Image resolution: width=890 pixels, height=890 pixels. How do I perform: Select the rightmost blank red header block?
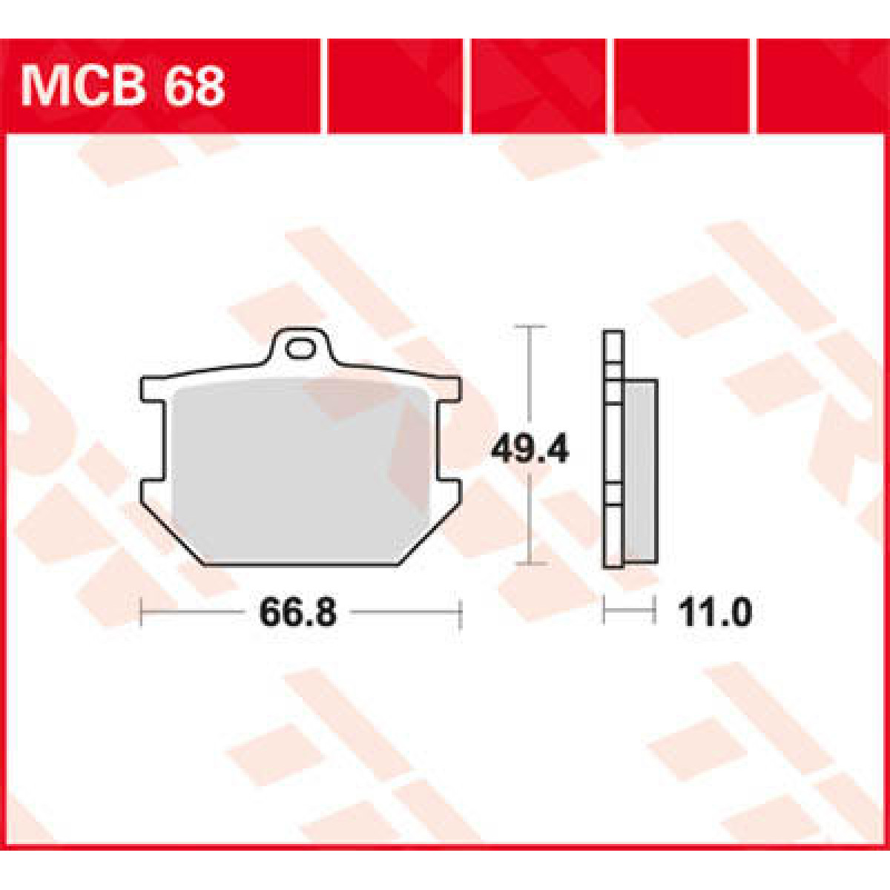820,86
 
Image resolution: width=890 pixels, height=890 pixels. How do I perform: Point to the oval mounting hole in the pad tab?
300,348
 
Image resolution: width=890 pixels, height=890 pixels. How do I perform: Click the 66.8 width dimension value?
298,613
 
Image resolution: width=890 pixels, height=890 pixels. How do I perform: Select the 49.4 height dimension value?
530,449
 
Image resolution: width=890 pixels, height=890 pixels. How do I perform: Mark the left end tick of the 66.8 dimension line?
142,613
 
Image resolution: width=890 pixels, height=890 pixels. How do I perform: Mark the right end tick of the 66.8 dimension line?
461,613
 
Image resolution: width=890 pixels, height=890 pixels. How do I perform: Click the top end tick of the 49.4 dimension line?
530,326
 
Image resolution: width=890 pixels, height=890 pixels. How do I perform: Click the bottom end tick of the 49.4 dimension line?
530,564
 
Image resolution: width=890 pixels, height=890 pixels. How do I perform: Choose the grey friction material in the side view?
641,471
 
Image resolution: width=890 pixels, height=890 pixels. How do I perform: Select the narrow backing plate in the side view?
613,452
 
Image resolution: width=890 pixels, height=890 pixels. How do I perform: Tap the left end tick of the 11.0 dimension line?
605,613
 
